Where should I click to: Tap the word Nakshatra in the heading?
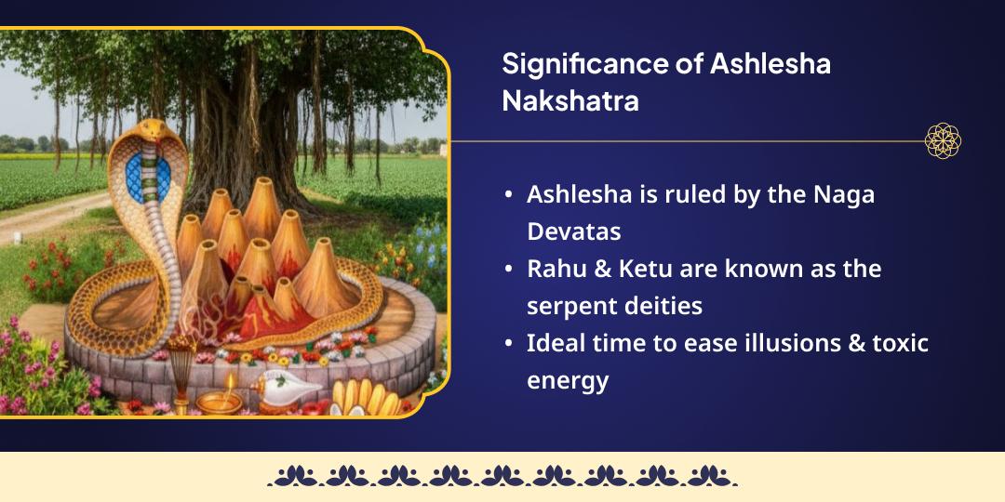pyautogui.click(x=569, y=100)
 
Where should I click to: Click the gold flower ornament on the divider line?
pyautogui.click(x=943, y=141)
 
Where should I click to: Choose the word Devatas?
pyautogui.click(x=573, y=231)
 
